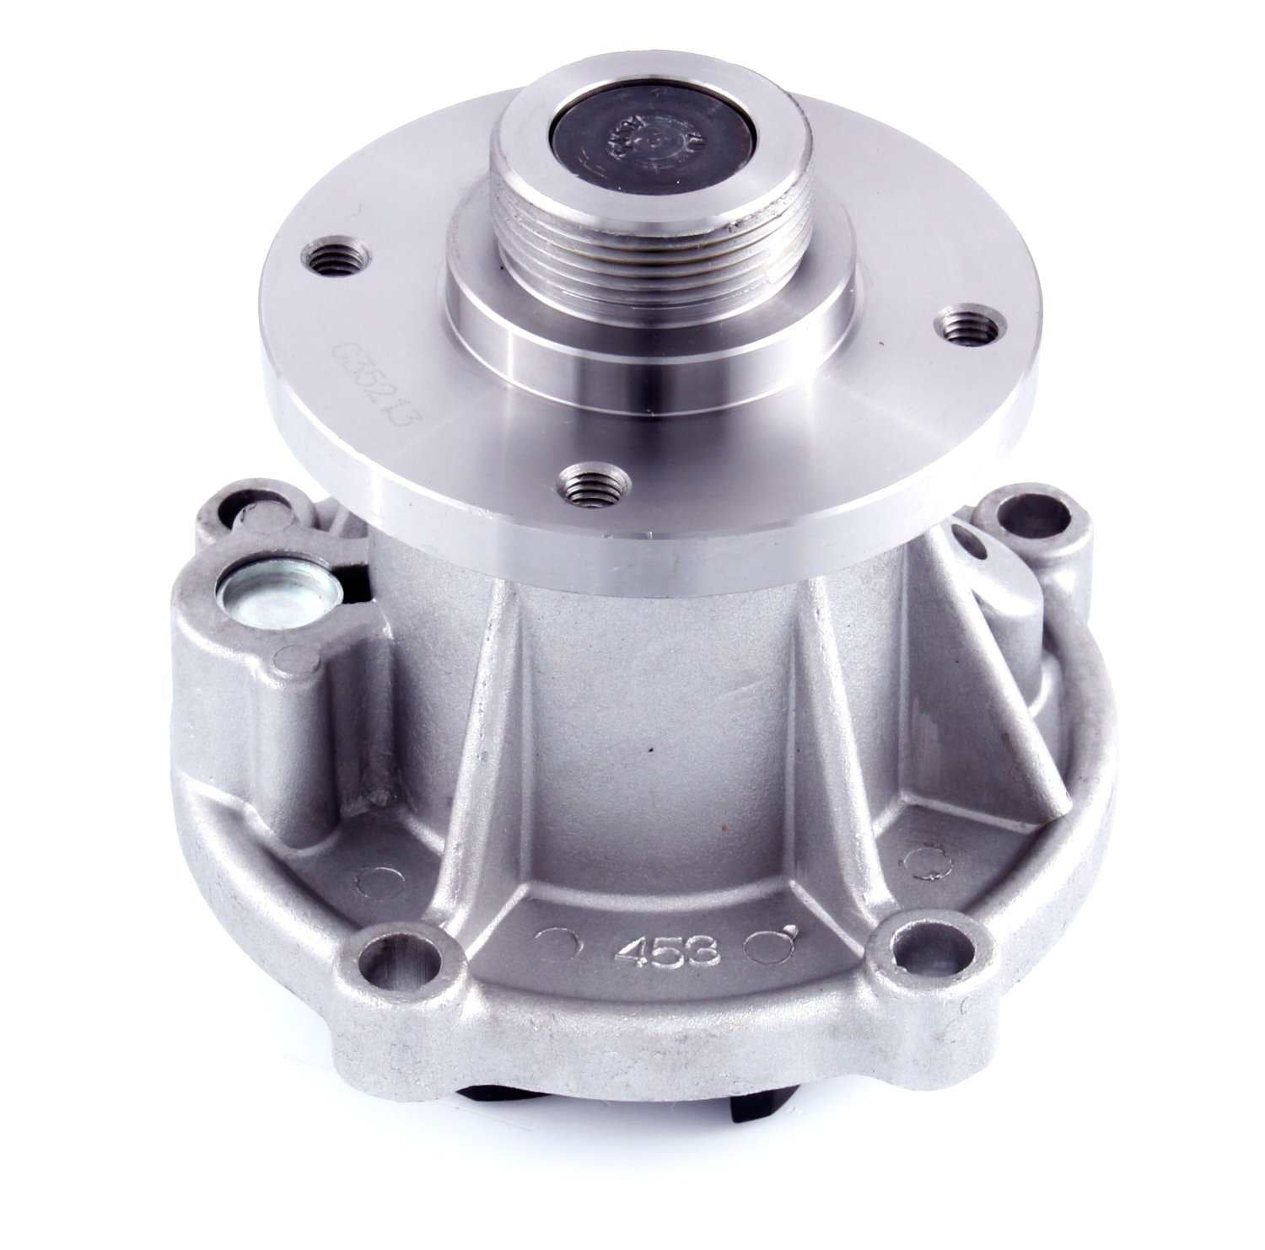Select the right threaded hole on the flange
pyautogui.click(x=967, y=323)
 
